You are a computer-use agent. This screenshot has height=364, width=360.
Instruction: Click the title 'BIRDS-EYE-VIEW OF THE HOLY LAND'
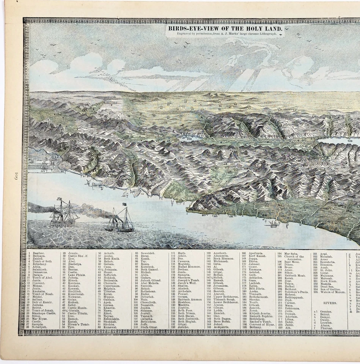(225, 28)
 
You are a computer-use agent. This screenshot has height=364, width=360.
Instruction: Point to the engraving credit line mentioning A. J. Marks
(225, 34)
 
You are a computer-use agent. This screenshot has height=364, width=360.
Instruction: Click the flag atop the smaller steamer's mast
(124, 204)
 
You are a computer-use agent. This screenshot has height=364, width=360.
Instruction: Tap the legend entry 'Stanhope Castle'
(44, 313)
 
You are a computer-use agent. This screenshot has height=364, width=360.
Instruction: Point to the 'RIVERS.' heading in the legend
(330, 303)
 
